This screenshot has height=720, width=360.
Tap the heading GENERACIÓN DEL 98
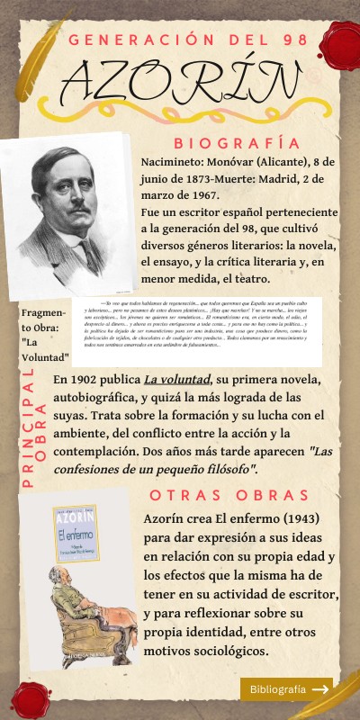pyautogui.click(x=187, y=40)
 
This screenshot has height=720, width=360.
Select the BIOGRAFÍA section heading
pyautogui.click(x=237, y=143)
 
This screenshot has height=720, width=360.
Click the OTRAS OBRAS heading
pyautogui.click(x=229, y=496)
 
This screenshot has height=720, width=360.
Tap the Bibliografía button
pyautogui.click(x=286, y=689)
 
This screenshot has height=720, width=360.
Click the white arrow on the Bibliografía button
pyautogui.click(x=319, y=689)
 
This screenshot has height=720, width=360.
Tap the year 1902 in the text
pyautogui.click(x=92, y=379)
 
